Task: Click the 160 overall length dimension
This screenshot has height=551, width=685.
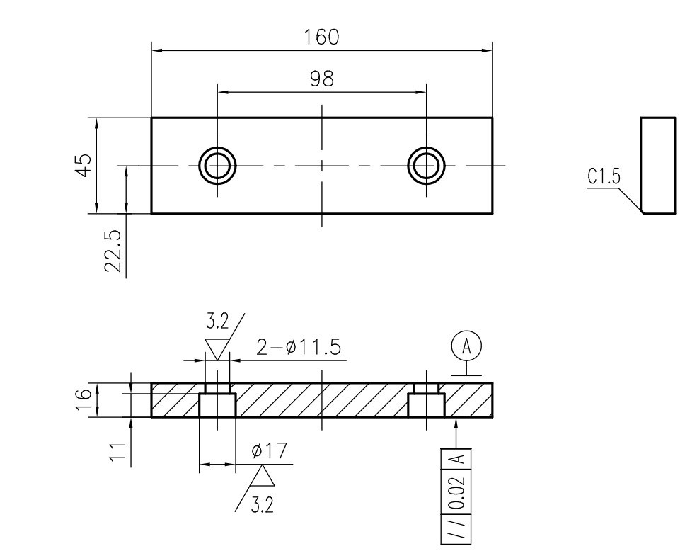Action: pos(321,37)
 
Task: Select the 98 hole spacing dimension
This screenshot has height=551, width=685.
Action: pos(322,79)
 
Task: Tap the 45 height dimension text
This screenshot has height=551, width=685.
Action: pos(84,165)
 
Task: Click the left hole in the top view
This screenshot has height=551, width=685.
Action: pos(217,166)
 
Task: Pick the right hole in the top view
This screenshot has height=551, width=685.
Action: pos(427,166)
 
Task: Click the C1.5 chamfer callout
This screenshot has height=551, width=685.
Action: pos(604,176)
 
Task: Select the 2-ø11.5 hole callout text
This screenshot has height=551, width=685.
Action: pos(299,348)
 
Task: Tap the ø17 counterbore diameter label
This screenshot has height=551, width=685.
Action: pos(270,450)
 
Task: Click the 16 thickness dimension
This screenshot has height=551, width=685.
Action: pos(84,399)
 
